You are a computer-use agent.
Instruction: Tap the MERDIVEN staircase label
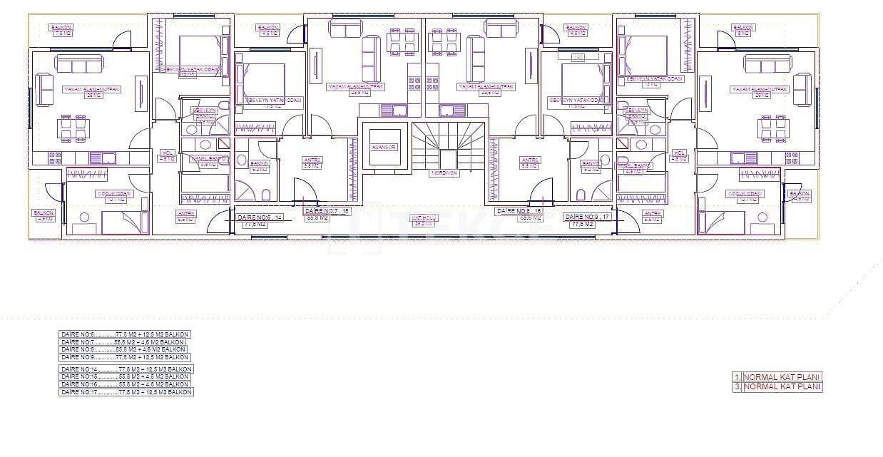click(443, 173)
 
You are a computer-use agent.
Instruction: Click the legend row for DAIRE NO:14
click(126, 369)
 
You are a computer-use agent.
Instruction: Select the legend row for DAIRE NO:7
click(123, 342)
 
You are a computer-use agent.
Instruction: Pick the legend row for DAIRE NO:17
click(126, 392)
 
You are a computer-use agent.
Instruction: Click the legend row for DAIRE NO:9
click(125, 357)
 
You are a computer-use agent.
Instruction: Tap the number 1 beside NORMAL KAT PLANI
click(736, 377)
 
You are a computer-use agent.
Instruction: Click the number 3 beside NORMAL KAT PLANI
click(736, 387)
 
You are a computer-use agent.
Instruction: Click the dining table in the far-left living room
click(73, 128)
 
